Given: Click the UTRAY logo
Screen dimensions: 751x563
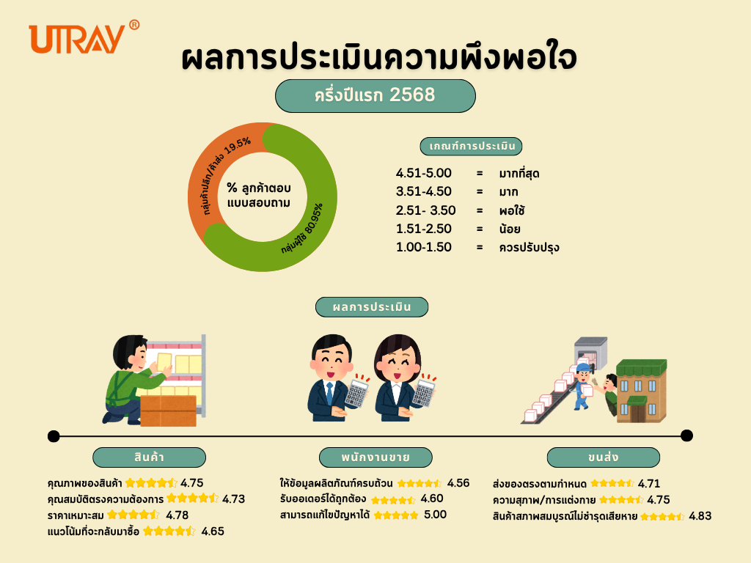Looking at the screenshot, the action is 76,39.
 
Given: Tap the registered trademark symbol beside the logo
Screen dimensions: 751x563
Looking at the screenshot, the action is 135,24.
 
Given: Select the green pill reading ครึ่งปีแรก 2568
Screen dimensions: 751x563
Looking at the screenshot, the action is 375,96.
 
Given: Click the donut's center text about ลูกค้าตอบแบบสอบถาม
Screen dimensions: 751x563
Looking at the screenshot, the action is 259,195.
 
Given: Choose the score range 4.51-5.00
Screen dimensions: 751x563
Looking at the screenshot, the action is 423,173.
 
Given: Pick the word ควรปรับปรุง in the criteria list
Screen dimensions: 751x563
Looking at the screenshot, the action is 530,248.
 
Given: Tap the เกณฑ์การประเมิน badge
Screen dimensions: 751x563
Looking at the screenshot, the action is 471,146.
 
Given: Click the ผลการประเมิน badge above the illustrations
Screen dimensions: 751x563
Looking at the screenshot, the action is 372,307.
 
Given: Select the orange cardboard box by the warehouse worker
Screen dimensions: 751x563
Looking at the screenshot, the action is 168,411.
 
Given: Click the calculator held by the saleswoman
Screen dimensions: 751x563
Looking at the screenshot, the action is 424,393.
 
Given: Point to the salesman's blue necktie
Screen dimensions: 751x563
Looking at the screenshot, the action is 329,393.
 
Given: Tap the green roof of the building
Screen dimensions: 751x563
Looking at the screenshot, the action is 641,368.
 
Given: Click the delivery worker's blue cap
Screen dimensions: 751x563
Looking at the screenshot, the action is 584,368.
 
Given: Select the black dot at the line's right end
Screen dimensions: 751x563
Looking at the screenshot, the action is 686,435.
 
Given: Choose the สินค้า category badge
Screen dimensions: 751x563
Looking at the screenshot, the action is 149,457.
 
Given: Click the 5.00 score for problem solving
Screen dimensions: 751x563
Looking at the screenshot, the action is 436,515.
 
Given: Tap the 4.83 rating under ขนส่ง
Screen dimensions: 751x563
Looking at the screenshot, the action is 700,516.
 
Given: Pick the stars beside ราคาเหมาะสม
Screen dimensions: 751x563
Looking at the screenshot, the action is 133,515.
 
